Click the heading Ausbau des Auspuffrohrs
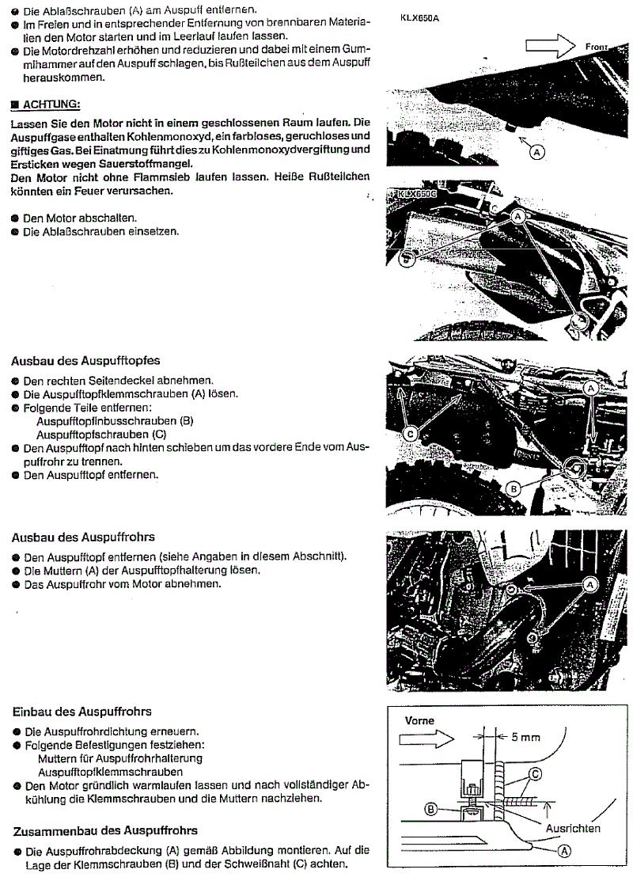[x=83, y=537]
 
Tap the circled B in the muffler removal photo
[x=513, y=489]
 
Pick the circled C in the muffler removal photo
[x=411, y=432]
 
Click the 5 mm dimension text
[x=525, y=737]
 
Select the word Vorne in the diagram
[x=419, y=722]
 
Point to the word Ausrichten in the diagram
[x=574, y=828]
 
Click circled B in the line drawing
[x=432, y=810]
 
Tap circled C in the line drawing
[x=535, y=773]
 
